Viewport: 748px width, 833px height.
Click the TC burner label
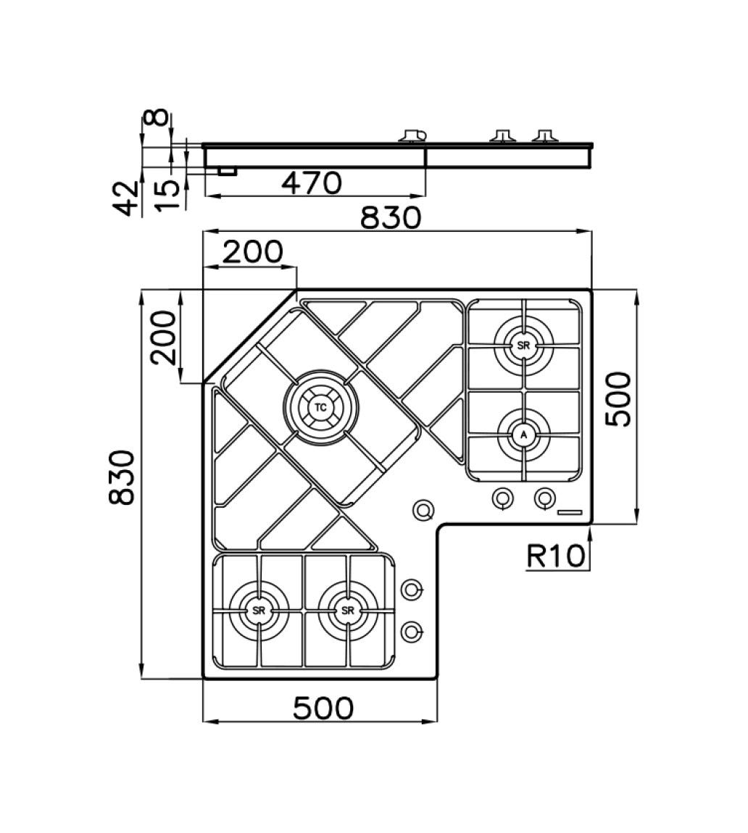coord(320,408)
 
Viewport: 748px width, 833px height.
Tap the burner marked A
coord(523,435)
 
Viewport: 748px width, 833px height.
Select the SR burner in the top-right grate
coord(523,346)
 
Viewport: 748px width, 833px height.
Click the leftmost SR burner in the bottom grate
coord(259,611)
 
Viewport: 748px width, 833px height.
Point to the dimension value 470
coord(312,183)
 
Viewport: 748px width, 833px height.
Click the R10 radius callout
coord(555,556)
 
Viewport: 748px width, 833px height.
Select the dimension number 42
coord(128,198)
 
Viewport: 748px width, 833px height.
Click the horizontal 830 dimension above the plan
coord(391,218)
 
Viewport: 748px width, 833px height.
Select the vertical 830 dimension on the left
coord(122,477)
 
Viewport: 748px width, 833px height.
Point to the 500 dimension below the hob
coord(323,708)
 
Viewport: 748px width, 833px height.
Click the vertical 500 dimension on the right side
coord(619,399)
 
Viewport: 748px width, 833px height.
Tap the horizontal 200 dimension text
coord(253,252)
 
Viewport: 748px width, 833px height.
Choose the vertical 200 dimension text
coord(163,338)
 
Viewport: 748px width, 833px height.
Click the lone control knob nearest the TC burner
coord(423,510)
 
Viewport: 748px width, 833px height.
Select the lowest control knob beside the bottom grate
coord(412,632)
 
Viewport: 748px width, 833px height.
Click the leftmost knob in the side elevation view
coord(412,136)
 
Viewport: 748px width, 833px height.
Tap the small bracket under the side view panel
coord(228,171)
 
